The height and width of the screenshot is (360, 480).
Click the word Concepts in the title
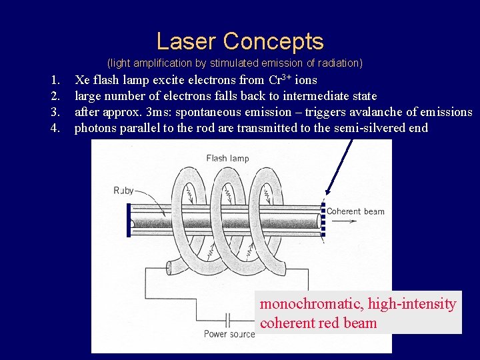tap(273, 41)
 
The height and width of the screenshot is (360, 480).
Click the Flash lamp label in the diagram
tap(227, 158)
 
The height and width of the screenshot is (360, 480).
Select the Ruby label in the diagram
tap(124, 190)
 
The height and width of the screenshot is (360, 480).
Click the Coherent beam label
tap(355, 211)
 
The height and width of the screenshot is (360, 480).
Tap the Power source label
tap(229, 333)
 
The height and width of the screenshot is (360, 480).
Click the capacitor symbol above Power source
tap(229, 319)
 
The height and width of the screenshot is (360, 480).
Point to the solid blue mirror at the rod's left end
tap(129, 219)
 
